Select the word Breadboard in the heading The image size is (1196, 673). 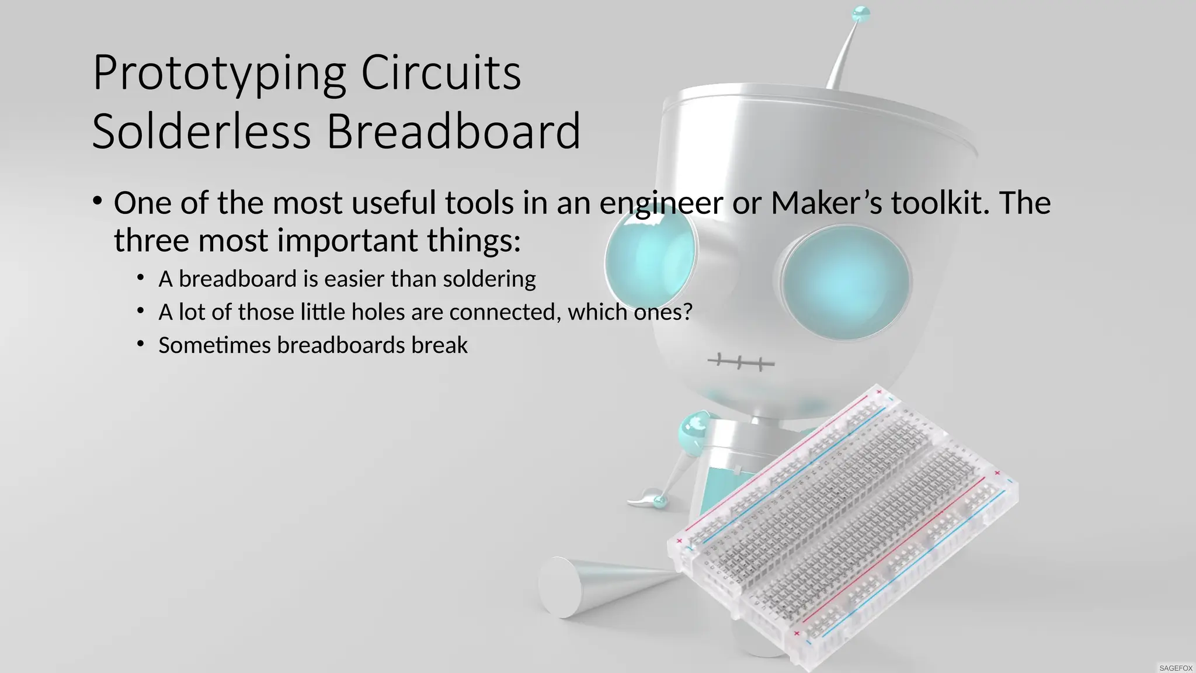tap(453, 132)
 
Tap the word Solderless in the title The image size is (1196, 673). tap(201, 132)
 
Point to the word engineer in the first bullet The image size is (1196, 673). tap(661, 204)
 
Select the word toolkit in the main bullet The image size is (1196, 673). tap(940, 203)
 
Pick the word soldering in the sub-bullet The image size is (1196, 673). tap(489, 279)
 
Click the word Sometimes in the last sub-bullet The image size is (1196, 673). tap(214, 345)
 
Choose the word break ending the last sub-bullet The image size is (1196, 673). tap(439, 345)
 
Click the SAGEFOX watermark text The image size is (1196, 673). tap(1176, 668)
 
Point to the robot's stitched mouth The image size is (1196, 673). tap(740, 363)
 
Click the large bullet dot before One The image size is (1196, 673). tap(98, 202)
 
